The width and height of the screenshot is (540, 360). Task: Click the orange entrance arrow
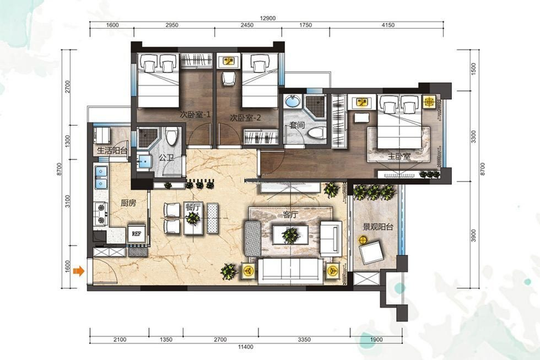coord(79,271)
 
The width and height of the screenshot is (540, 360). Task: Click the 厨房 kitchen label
coord(128,203)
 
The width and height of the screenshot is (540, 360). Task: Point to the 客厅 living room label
coord(290,215)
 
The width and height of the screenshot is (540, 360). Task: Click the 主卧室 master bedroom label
coord(399,156)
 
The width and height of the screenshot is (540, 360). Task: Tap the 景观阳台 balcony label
coord(378,227)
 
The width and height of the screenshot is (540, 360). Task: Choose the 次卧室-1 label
coord(195,115)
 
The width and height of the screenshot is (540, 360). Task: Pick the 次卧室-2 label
coord(246,118)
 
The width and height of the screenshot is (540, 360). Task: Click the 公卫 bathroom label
coord(166,158)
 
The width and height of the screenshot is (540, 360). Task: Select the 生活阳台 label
coord(112,151)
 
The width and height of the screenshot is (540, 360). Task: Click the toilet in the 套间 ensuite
coord(316,132)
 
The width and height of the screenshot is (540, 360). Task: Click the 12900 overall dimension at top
coord(267,18)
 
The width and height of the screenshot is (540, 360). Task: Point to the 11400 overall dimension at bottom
coord(246,347)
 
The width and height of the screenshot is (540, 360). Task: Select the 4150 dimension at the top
coord(387,25)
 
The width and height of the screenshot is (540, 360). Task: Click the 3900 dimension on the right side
coord(473,235)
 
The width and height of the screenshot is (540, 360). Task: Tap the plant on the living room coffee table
coord(290,235)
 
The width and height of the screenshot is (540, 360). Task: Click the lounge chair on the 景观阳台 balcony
coord(371,252)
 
